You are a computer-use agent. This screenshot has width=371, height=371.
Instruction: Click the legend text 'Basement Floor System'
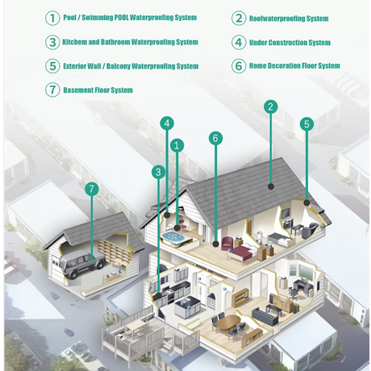pyautogui.click(x=98, y=90)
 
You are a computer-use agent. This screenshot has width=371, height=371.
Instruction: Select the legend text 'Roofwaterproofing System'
pyautogui.click(x=289, y=19)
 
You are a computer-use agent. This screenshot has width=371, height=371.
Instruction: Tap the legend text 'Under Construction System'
pyautogui.click(x=290, y=43)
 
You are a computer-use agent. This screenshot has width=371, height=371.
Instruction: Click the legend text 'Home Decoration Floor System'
pyautogui.click(x=294, y=66)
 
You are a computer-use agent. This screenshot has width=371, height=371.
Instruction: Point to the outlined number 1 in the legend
pyautogui.click(x=52, y=19)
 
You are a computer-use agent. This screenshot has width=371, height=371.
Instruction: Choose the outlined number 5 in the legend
pyautogui.click(x=52, y=66)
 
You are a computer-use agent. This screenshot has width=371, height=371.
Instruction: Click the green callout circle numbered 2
pyautogui.click(x=270, y=106)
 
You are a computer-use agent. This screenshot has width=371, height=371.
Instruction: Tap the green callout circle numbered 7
pyautogui.click(x=92, y=189)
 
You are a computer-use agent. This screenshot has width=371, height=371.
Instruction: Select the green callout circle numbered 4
pyautogui.click(x=167, y=123)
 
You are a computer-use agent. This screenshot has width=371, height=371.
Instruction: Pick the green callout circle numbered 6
pyautogui.click(x=215, y=138)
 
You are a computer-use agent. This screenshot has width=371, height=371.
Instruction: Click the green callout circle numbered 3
pyautogui.click(x=158, y=172)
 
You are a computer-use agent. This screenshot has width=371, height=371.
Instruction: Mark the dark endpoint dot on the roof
pyautogui.click(x=271, y=186)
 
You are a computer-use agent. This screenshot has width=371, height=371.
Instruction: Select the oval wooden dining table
pyautogui.click(x=228, y=322)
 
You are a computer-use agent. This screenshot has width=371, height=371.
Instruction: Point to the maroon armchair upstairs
pyautogui.click(x=227, y=243)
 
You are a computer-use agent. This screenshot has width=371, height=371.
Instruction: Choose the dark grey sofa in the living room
pyautogui.click(x=265, y=316)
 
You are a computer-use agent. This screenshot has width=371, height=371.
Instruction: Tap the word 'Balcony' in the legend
pyautogui.click(x=119, y=66)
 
